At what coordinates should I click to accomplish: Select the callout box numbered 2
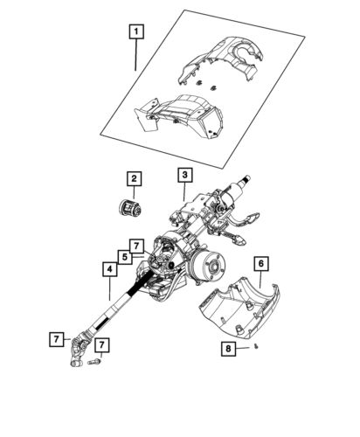pos(134,179)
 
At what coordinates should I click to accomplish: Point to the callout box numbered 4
pos(109,270)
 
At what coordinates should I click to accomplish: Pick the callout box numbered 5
pos(127,257)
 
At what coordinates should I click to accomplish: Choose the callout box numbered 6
pos(261,261)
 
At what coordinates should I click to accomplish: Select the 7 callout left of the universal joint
pos(55,337)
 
